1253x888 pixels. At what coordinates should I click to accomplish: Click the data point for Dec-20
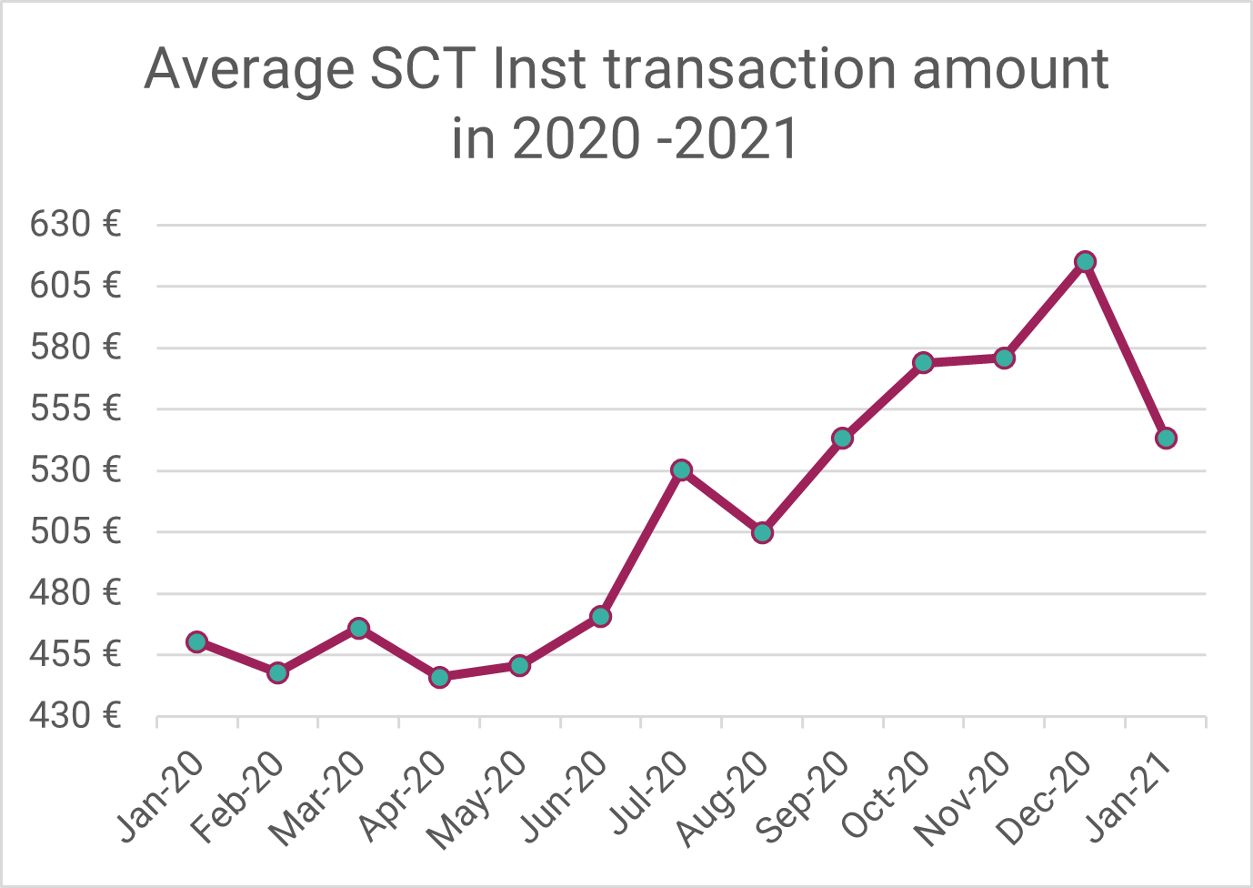1085,262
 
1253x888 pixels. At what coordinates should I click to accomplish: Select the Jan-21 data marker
1166,439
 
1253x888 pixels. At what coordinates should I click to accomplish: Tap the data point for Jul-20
682,470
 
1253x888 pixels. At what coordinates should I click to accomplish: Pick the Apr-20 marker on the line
439,678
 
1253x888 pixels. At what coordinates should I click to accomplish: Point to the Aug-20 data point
762,532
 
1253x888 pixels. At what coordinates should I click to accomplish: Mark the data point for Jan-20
197,642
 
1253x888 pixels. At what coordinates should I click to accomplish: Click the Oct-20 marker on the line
924,363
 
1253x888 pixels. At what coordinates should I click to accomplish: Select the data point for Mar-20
358,629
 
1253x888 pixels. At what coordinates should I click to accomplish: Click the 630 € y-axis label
75,224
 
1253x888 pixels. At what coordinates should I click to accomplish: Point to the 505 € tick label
75,530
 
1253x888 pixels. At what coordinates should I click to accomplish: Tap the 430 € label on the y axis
75,716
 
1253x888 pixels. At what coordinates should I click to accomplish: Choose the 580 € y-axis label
75,347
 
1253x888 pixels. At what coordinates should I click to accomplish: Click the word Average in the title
249,69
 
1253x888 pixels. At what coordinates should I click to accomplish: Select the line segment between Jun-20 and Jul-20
641,544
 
